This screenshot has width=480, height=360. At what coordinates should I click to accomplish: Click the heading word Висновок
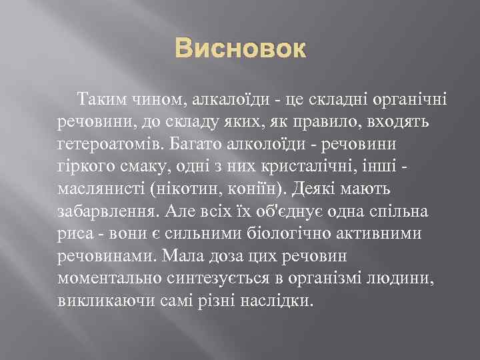pos(240,49)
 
